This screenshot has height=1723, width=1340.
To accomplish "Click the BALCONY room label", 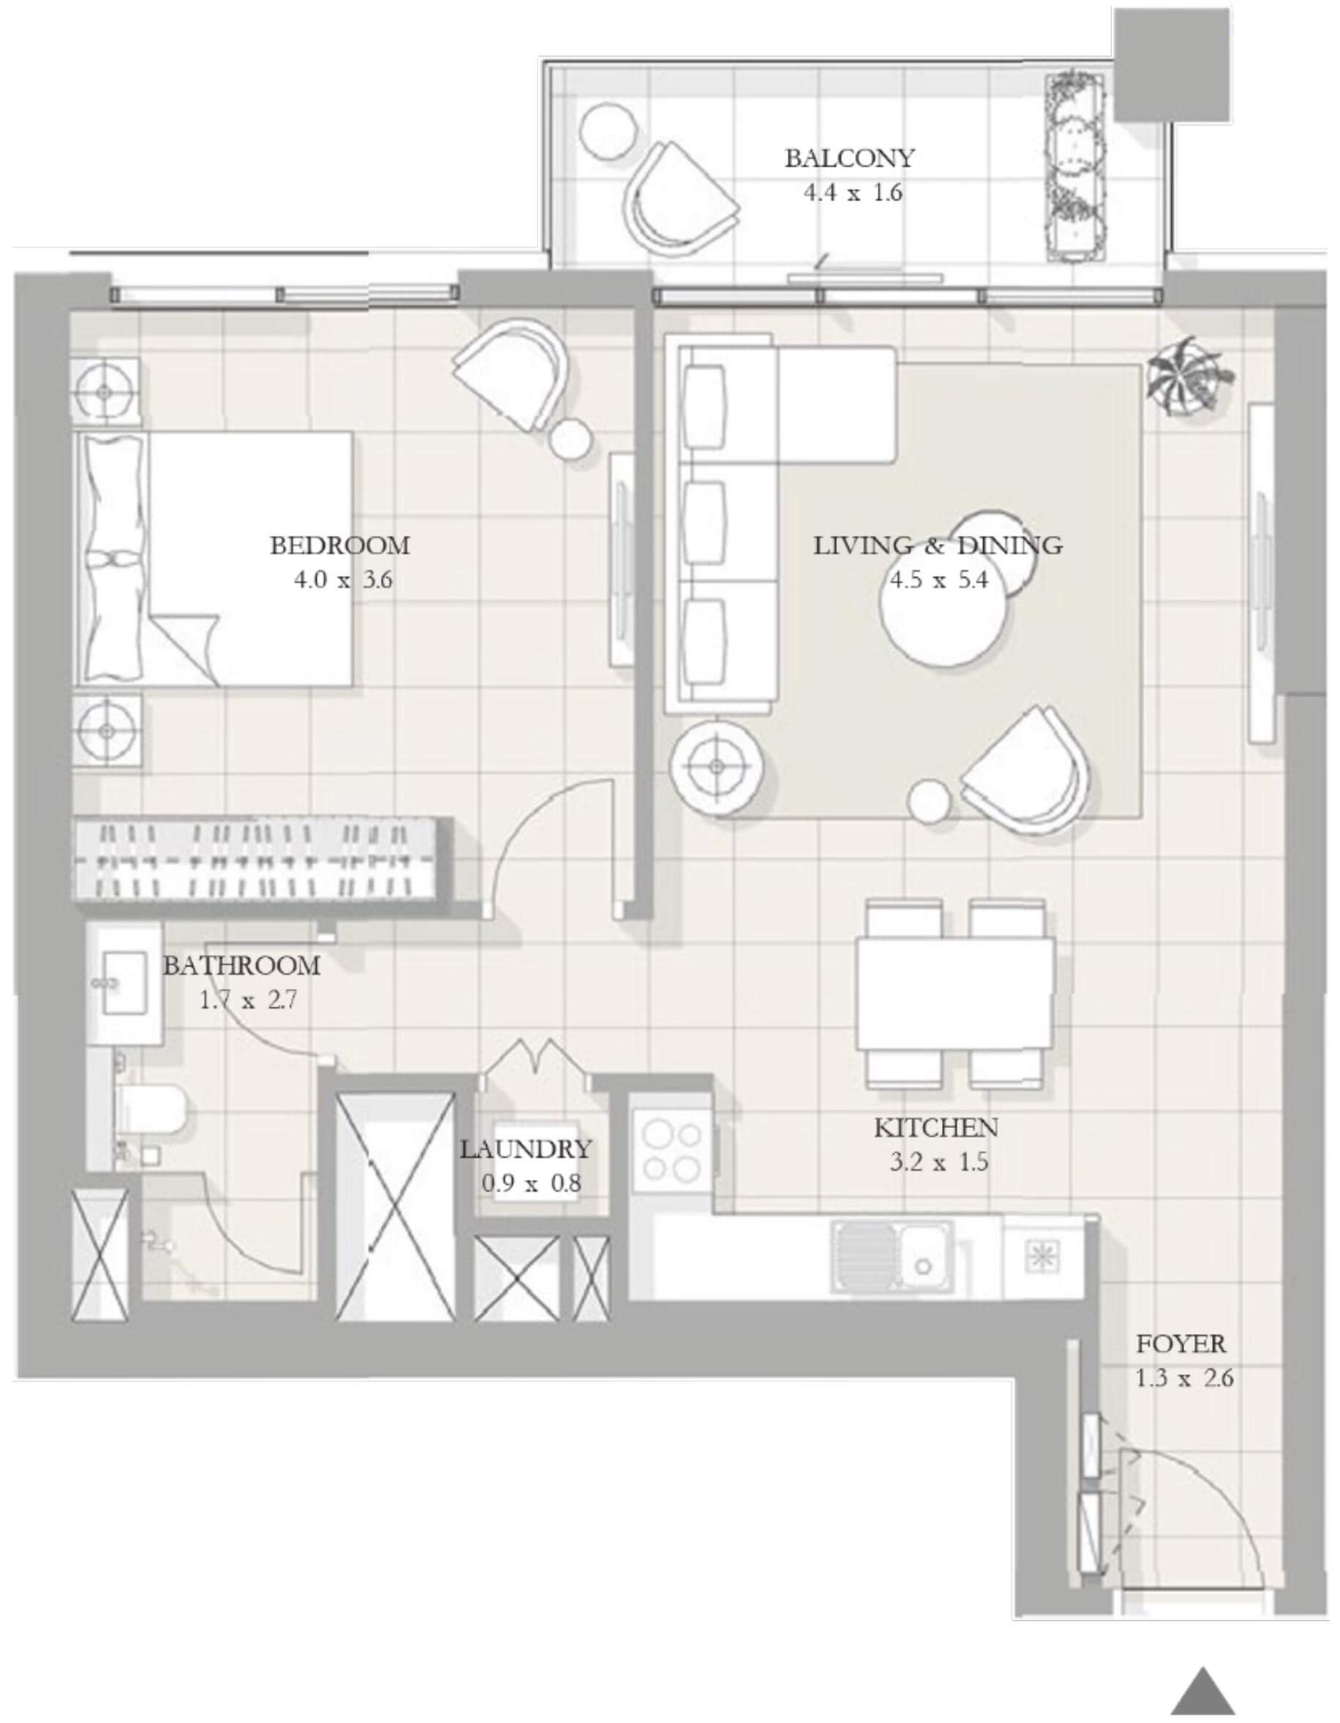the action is tap(849, 159).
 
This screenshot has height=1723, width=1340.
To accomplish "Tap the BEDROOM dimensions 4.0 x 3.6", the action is tap(343, 580).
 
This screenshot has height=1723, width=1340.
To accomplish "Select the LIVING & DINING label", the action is tap(938, 545).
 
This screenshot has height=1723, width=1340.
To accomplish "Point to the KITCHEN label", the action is tap(936, 1127).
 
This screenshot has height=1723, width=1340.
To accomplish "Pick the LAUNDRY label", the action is tap(526, 1148).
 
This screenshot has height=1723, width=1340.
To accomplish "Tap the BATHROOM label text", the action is tap(241, 966).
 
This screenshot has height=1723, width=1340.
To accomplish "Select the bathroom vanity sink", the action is tap(124, 982).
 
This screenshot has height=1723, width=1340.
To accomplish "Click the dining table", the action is tap(955, 993).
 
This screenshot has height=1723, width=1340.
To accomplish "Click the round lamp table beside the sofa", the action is tap(717, 765).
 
